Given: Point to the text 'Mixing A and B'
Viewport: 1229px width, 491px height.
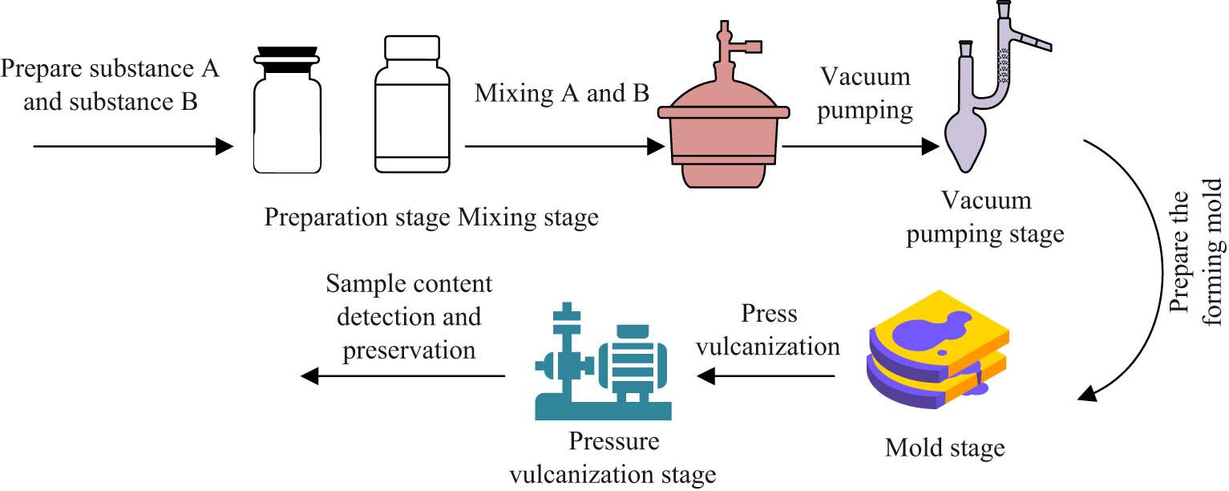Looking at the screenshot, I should [561, 94].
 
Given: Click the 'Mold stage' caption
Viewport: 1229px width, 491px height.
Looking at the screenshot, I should [944, 447].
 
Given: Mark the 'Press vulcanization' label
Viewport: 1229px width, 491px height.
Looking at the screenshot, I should [767, 330].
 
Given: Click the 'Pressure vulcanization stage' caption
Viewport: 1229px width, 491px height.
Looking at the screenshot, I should [614, 457].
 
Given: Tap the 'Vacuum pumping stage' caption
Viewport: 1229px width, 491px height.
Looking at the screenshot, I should [986, 216].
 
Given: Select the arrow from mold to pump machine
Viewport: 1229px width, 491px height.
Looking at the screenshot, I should [767, 375].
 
